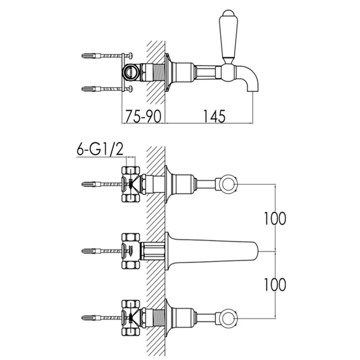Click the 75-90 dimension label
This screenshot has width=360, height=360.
click(x=143, y=116)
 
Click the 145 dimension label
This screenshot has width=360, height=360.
click(x=215, y=116)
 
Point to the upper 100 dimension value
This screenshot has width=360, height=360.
click(x=275, y=219)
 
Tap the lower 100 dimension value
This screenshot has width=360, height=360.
click(x=275, y=284)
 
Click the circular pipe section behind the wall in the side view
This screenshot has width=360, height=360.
click(x=131, y=72)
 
